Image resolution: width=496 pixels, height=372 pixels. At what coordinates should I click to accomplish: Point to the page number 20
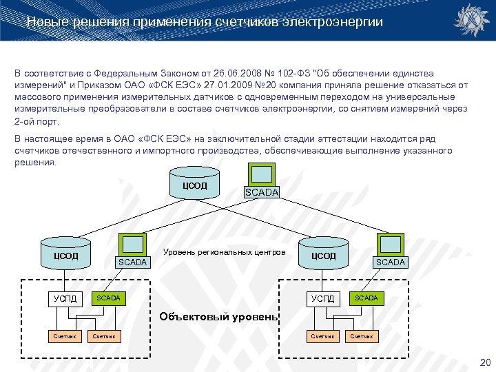(x=484, y=362)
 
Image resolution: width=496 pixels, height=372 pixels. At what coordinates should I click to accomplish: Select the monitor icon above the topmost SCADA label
(x=261, y=174)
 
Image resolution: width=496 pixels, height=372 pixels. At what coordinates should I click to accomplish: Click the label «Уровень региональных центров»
(x=224, y=252)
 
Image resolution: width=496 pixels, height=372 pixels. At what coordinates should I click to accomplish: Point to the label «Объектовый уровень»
(x=218, y=317)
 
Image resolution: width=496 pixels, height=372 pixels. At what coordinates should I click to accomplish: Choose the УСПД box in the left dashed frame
(x=67, y=298)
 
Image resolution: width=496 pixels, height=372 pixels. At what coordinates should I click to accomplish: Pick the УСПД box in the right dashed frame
(x=322, y=298)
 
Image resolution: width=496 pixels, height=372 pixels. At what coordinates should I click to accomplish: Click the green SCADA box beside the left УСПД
(x=108, y=298)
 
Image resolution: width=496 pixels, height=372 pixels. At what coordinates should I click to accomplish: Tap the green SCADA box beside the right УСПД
(x=366, y=298)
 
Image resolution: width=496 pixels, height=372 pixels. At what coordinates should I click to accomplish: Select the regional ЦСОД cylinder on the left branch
(x=65, y=255)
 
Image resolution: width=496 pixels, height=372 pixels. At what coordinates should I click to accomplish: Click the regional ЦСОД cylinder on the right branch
(x=323, y=255)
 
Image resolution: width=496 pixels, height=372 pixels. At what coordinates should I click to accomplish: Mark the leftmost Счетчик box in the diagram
(x=65, y=336)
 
